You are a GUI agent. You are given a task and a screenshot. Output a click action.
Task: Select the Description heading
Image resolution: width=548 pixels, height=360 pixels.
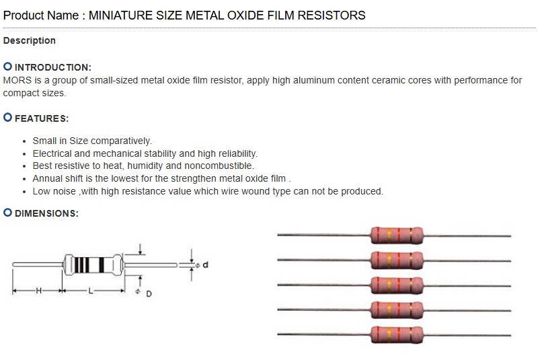(x=30, y=40)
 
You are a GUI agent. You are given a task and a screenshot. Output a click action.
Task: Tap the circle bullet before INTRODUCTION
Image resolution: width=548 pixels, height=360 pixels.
(x=7, y=67)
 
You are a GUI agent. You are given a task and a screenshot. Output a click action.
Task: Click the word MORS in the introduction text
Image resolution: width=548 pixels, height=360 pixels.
(x=17, y=80)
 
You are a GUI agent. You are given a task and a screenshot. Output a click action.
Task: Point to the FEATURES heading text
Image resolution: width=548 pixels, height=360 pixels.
(x=41, y=118)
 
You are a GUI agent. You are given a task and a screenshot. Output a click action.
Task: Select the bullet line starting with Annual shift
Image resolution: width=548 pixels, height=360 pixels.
(x=161, y=178)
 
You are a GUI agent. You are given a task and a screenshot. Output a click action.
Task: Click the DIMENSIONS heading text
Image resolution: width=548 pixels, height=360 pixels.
(x=46, y=213)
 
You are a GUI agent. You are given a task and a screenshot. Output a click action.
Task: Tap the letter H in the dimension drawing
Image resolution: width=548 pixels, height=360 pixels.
(x=38, y=291)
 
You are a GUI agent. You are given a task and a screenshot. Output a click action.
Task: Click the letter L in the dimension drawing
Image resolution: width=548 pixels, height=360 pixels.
(x=91, y=291)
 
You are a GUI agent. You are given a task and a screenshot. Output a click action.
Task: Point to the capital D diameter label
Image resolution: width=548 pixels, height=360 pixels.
(x=149, y=294)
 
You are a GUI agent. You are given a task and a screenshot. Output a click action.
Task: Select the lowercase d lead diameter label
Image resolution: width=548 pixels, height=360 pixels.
(x=206, y=265)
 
